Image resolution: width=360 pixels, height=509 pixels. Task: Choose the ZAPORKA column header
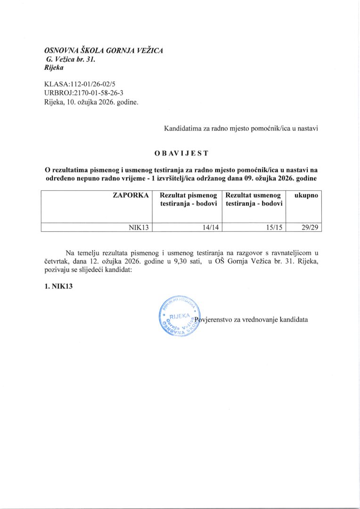(x=131, y=195)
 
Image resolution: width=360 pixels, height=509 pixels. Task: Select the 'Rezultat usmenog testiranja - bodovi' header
(x=254, y=199)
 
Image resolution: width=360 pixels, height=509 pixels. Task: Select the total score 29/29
(x=309, y=227)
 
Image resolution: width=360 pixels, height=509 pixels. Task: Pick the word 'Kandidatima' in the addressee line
(x=183, y=128)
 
